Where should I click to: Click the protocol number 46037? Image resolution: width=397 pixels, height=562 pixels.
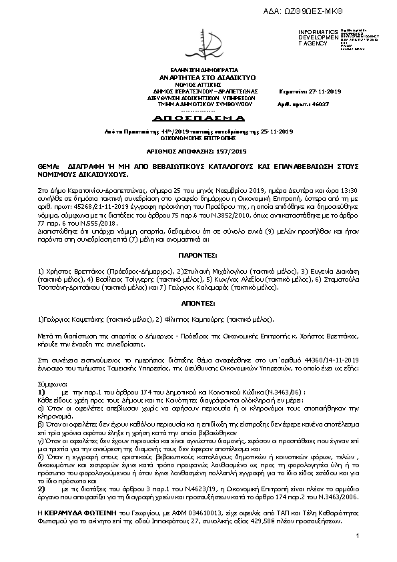[321, 105]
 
